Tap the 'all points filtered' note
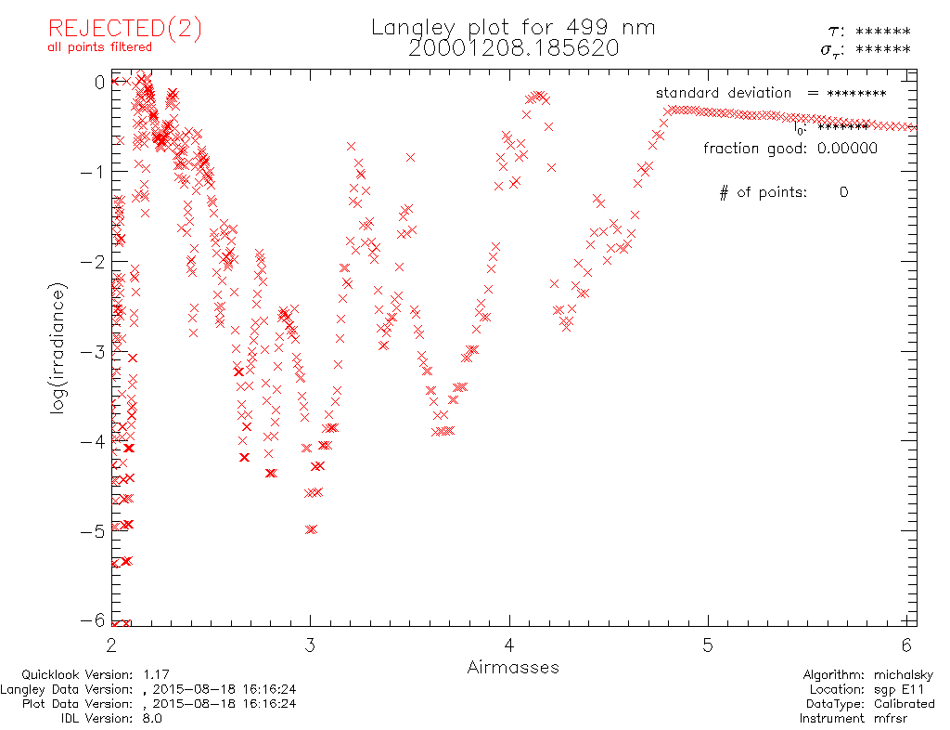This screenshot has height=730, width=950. [x=100, y=46]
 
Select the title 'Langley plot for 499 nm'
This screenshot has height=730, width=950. [x=513, y=27]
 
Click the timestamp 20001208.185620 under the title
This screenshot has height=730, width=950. [x=513, y=48]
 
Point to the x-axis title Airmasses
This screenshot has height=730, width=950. [x=513, y=667]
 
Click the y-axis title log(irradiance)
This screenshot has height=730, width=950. [x=58, y=350]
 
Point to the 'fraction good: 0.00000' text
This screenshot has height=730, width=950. [x=790, y=148]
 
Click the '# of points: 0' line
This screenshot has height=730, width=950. [x=783, y=192]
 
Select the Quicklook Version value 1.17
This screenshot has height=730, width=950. [x=154, y=675]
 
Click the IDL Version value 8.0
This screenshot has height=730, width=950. [x=150, y=718]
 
